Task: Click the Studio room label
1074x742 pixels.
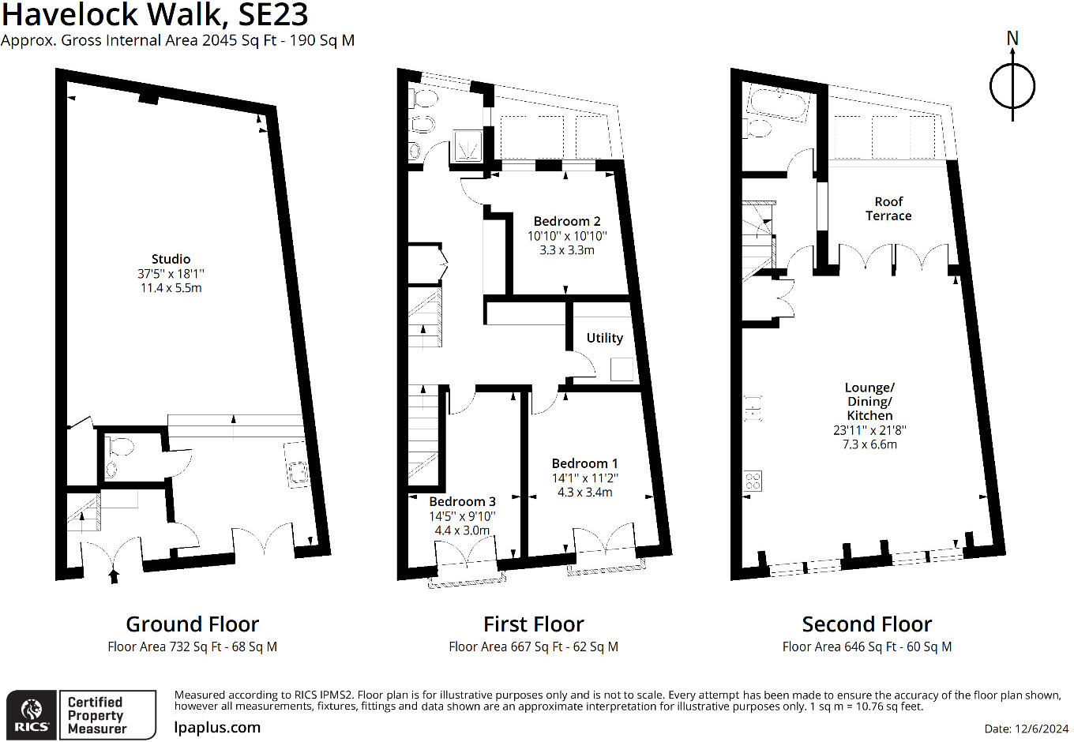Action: (171, 259)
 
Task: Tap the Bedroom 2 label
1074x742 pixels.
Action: (567, 222)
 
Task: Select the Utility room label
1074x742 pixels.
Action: (604, 338)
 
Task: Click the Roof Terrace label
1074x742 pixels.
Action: (888, 209)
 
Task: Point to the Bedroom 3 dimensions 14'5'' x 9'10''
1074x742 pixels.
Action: (463, 516)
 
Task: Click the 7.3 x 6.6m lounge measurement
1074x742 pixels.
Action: (869, 444)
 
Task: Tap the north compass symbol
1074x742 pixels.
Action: (1012, 85)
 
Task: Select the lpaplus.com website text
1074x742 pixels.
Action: (217, 728)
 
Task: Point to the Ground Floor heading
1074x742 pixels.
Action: (192, 624)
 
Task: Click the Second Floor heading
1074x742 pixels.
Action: (866, 624)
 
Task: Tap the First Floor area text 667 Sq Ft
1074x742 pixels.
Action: (533, 646)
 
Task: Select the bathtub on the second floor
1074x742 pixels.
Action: (779, 103)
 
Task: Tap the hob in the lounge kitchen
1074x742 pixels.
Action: (753, 481)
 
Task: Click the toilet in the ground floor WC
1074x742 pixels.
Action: (120, 448)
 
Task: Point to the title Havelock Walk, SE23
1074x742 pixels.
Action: (155, 15)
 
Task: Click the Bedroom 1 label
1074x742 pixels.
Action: (584, 463)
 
